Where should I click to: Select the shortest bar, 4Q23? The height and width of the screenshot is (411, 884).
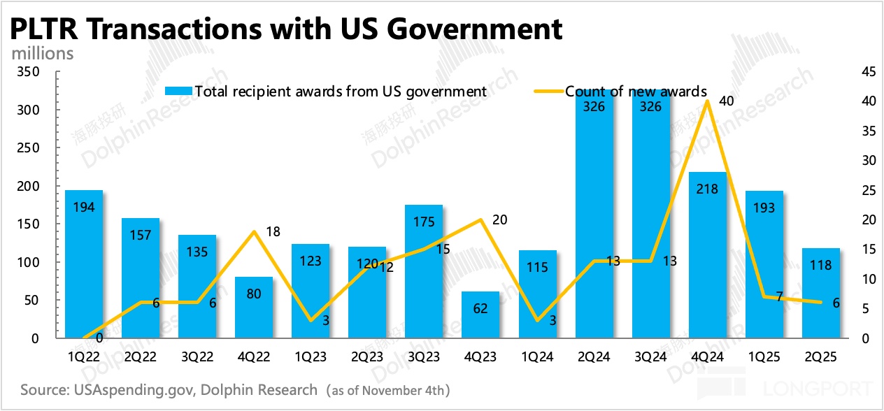tap(480, 315)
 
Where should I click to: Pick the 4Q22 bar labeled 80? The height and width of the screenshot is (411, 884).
tap(254, 308)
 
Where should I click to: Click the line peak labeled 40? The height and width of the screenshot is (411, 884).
tap(707, 101)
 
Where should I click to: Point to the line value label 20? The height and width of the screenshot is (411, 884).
tap(499, 220)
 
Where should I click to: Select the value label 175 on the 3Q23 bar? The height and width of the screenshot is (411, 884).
tap(423, 222)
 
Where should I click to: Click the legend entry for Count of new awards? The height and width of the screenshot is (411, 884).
tap(636, 91)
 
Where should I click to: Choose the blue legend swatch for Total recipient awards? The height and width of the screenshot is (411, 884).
tap(178, 91)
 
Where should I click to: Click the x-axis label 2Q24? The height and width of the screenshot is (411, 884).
tap(593, 356)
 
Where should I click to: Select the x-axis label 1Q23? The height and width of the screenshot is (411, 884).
tap(310, 356)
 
